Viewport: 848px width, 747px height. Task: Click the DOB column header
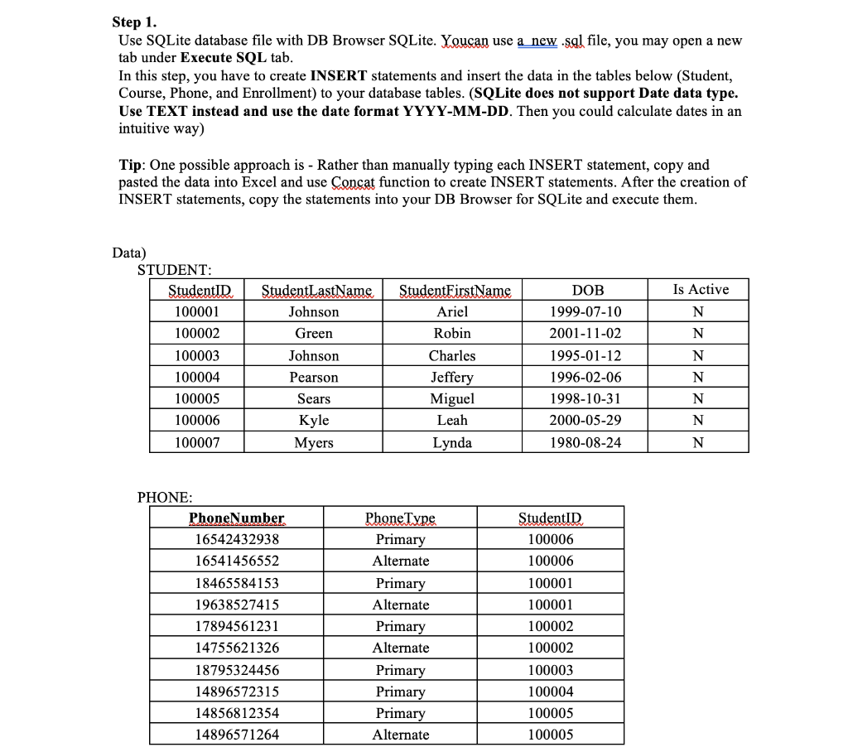(x=588, y=290)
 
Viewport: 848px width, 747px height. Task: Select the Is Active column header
(x=701, y=289)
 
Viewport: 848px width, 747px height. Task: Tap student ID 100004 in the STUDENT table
(x=197, y=377)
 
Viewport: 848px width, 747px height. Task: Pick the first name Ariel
(x=452, y=311)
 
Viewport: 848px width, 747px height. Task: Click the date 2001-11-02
(x=585, y=333)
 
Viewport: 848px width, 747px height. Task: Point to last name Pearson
(x=314, y=377)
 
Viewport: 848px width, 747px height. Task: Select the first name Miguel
(x=452, y=398)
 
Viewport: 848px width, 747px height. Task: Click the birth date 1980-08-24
(x=585, y=442)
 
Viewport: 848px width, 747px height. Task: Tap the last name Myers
(x=314, y=442)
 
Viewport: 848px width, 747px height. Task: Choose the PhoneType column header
(x=400, y=518)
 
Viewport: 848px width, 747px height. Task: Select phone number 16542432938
(x=237, y=539)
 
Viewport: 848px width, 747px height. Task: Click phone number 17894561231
(x=237, y=626)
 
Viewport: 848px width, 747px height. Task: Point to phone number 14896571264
(x=237, y=735)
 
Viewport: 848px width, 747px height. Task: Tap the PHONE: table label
(x=165, y=497)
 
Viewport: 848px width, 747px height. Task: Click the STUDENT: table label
(x=174, y=269)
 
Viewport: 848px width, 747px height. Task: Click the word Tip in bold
(x=133, y=165)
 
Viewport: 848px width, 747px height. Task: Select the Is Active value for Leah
(x=698, y=421)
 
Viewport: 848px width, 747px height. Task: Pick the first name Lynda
(x=452, y=442)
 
